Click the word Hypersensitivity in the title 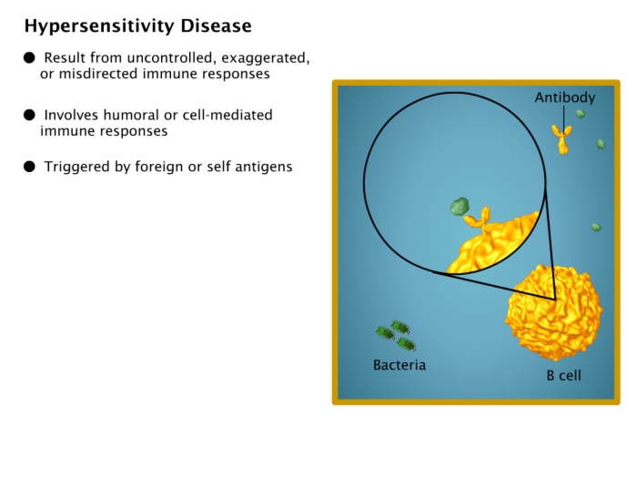[x=100, y=26]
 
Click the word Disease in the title [x=217, y=25]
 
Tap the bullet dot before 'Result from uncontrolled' [x=29, y=57]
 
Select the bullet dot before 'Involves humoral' [x=29, y=115]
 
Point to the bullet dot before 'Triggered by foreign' [x=29, y=167]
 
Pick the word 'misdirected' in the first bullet [x=96, y=74]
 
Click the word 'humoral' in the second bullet [x=131, y=115]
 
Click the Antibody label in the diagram [x=565, y=98]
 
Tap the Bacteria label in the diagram [x=399, y=365]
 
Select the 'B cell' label [x=564, y=375]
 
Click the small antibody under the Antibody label [x=561, y=139]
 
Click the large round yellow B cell [x=554, y=312]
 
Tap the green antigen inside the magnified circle [x=460, y=207]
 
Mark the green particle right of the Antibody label [x=581, y=114]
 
